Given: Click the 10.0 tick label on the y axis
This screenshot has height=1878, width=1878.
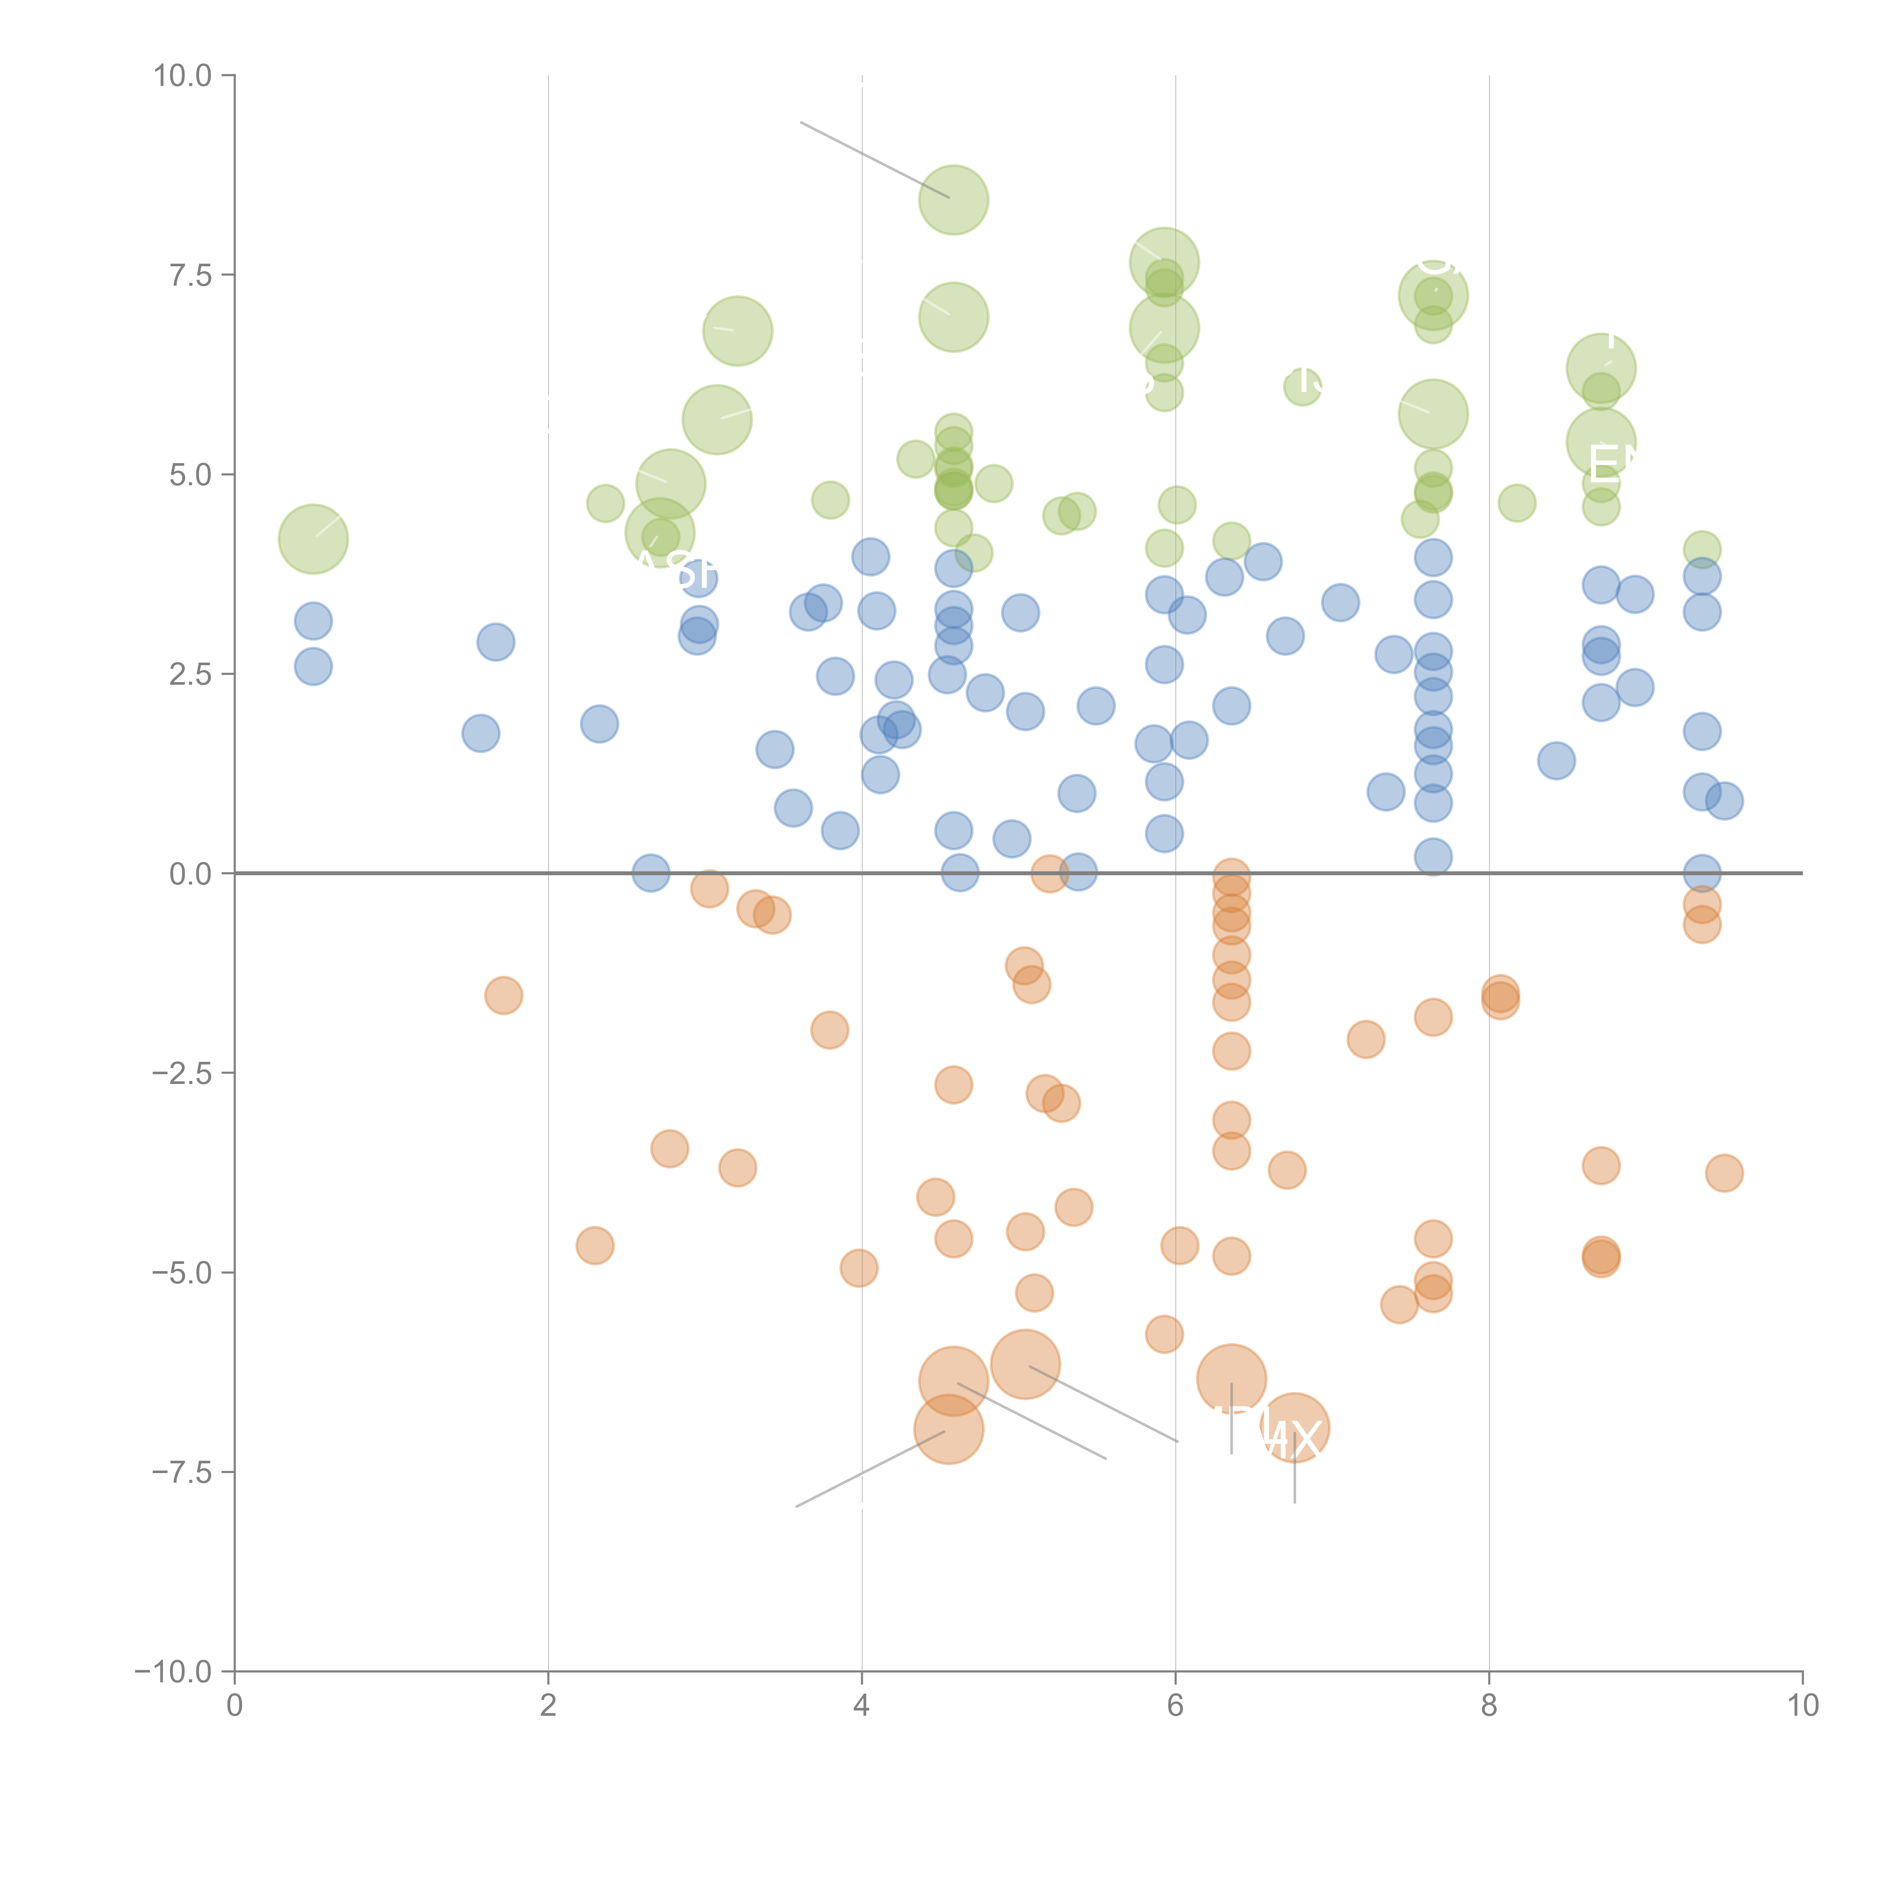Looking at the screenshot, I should click(x=183, y=76).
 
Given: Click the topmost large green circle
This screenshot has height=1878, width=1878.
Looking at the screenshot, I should click(x=954, y=200).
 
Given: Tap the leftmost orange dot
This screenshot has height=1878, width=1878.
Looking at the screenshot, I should click(x=504, y=995).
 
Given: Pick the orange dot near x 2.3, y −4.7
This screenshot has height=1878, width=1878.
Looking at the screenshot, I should click(x=595, y=1245).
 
